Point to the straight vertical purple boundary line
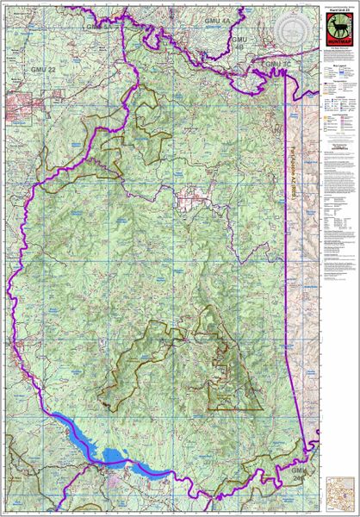pos(286,215)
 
